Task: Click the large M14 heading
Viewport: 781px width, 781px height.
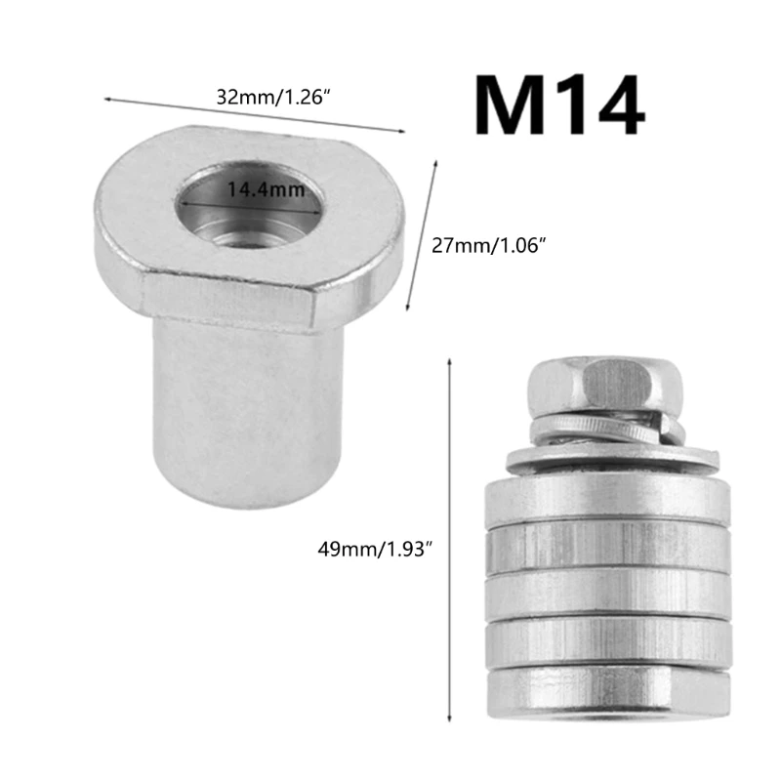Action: click(x=559, y=107)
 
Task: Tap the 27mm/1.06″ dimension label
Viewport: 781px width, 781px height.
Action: click(x=487, y=245)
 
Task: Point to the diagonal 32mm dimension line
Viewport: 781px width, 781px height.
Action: click(x=254, y=113)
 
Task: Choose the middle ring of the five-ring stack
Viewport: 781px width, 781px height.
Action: click(x=605, y=592)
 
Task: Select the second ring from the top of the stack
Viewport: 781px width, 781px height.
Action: click(x=605, y=547)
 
